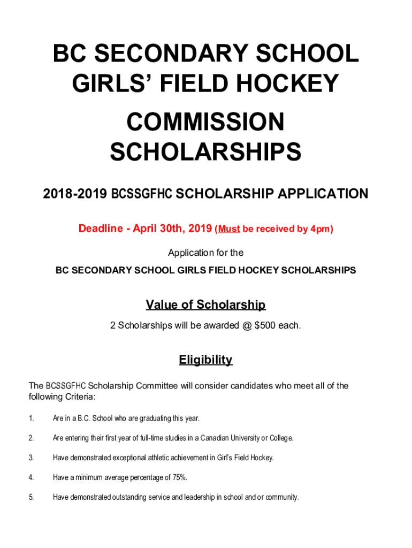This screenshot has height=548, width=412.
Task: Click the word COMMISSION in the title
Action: tap(205, 122)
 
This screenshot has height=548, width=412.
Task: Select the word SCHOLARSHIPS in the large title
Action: tap(205, 153)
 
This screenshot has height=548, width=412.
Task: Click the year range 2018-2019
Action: tap(75, 194)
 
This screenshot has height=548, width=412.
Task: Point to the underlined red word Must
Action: tap(228, 229)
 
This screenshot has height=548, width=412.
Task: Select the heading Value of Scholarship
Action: tap(205, 305)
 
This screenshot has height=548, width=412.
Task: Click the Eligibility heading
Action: tap(205, 360)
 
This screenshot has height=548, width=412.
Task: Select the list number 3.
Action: tap(31, 458)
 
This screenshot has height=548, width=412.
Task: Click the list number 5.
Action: tap(31, 498)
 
